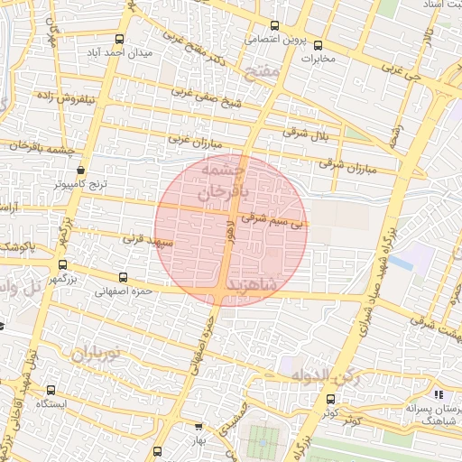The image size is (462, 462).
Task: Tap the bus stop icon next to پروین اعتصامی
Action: point(274,26)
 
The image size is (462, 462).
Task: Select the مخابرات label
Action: point(317,60)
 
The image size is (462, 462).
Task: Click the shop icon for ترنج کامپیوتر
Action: point(82,169)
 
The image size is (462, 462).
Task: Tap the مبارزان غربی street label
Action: point(190,140)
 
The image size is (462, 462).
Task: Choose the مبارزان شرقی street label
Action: point(345,164)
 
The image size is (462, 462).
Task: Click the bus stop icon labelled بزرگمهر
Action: point(62,265)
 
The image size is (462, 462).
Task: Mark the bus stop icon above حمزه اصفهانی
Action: point(123,278)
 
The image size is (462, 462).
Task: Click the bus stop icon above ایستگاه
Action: point(51,391)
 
